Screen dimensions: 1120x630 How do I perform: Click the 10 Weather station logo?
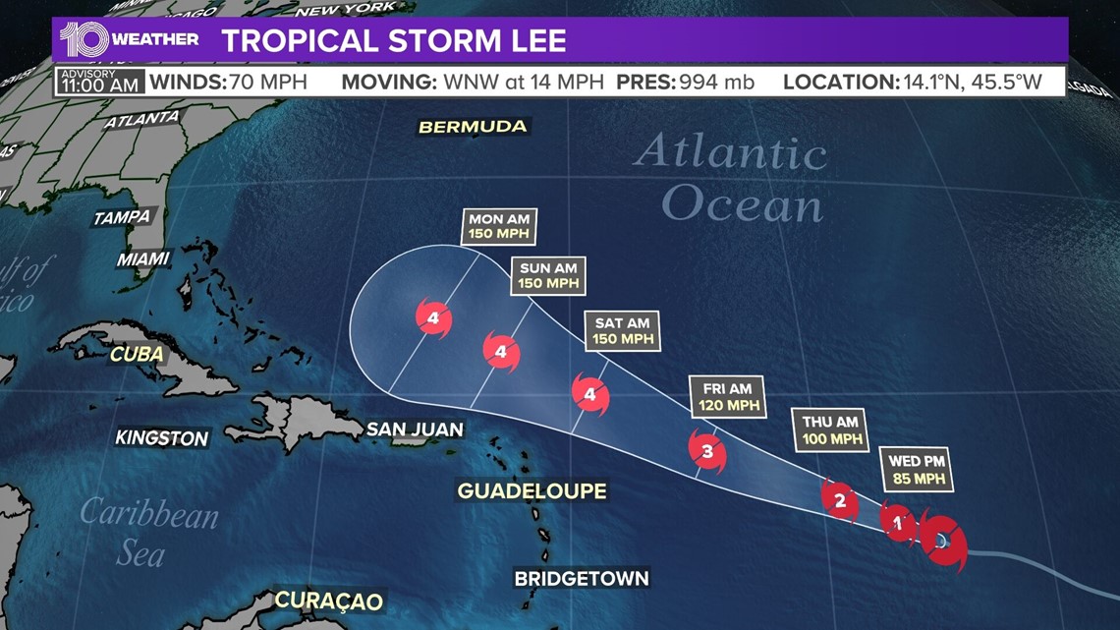(129, 39)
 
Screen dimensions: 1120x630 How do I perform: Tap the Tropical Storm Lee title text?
(393, 40)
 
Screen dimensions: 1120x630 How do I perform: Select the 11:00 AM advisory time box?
(86, 81)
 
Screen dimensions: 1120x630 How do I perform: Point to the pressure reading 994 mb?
(715, 81)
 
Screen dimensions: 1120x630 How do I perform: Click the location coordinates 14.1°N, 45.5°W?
(971, 81)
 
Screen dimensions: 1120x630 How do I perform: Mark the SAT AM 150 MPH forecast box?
(623, 330)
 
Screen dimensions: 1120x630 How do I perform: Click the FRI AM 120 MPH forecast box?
(728, 396)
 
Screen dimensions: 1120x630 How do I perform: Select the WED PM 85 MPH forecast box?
(919, 470)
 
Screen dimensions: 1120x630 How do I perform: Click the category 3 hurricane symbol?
(707, 452)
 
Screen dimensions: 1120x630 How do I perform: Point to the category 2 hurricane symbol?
(839, 500)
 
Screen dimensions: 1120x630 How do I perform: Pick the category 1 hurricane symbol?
(897, 523)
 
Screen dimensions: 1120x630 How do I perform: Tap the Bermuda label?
(473, 127)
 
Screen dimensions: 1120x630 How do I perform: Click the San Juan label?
(414, 429)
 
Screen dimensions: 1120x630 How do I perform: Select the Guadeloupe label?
(532, 490)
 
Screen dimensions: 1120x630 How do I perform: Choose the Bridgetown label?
(582, 578)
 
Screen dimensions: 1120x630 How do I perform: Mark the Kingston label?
(162, 438)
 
